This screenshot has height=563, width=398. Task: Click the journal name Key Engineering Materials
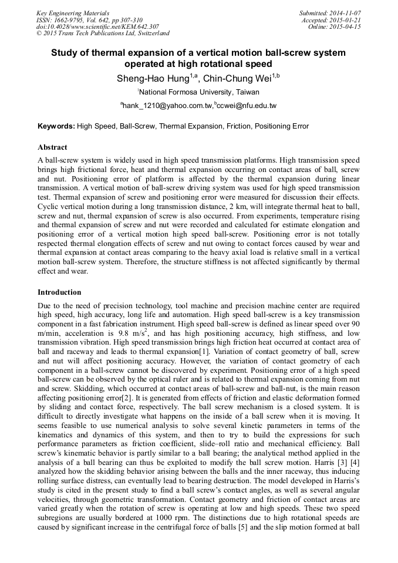[x=73, y=13]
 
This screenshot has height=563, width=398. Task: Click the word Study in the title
[x=65, y=53]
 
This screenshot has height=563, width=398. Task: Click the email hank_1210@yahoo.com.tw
[x=167, y=106]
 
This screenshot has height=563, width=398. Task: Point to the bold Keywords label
[x=56, y=126]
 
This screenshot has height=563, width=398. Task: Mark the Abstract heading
[x=52, y=147]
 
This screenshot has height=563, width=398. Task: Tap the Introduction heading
[x=59, y=292]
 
